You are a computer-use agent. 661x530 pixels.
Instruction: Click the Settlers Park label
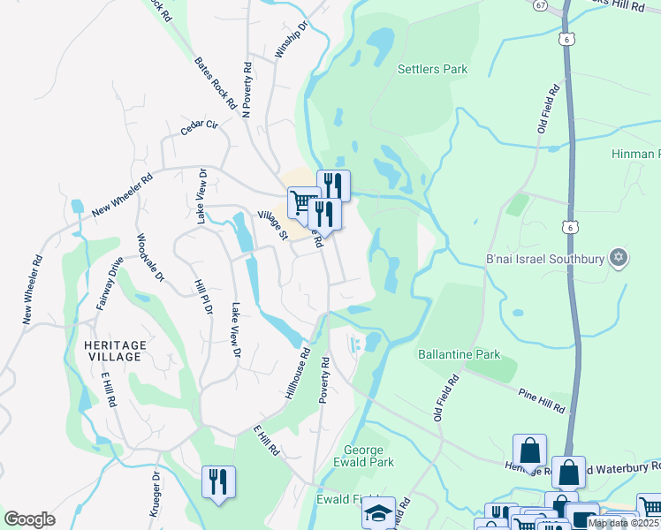432,69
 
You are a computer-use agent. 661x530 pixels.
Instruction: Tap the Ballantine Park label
459,354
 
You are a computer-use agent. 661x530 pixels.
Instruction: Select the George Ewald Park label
363,455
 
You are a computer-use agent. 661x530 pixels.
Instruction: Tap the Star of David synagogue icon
619,258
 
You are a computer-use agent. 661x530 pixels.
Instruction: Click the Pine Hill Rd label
541,391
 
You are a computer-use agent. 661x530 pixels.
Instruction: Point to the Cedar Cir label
199,125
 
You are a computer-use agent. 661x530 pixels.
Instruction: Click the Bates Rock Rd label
215,83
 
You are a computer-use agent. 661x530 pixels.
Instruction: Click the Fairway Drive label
110,282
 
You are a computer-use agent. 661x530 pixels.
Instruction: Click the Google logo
29,519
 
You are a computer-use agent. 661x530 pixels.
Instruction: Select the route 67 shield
540,4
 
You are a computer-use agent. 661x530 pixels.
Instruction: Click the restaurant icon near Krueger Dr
218,481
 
